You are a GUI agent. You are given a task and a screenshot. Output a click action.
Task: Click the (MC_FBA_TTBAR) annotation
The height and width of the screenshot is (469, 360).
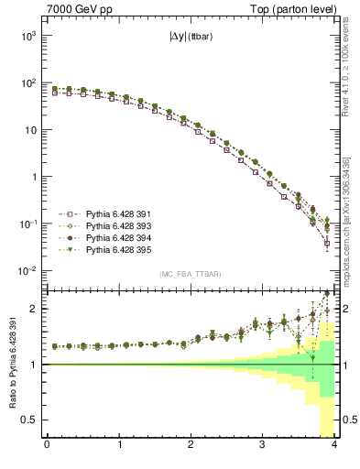(190, 274)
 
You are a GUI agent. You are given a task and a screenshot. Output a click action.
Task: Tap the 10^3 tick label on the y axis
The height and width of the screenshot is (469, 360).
(27, 35)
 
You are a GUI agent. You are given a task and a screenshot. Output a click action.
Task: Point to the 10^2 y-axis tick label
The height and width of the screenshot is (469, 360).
(27, 82)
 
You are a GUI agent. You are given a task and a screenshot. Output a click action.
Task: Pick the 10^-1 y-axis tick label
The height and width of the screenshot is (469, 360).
(27, 224)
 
